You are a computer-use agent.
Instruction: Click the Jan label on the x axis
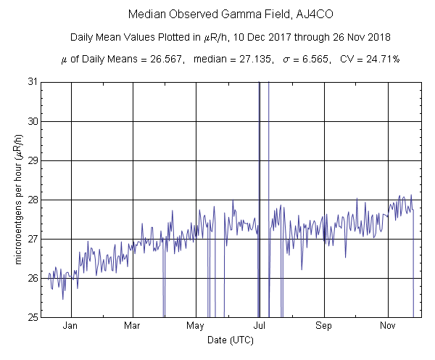[70, 327]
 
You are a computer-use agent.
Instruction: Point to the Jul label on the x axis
[260, 327]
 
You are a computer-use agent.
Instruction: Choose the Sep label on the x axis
[324, 327]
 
